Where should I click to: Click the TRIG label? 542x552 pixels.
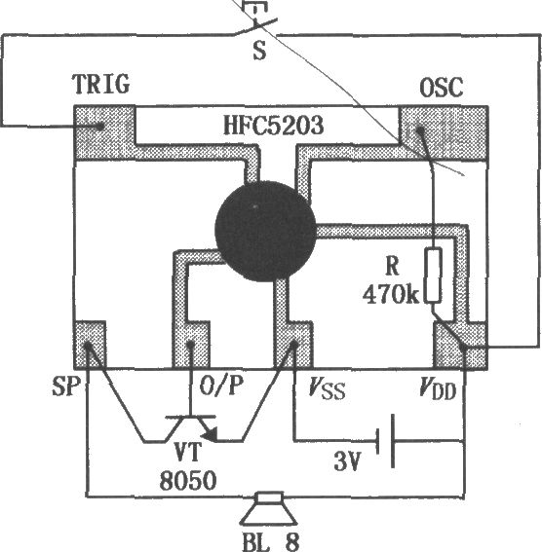click(101, 84)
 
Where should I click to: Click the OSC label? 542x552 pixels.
click(442, 88)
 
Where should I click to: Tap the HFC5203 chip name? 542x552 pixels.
click(274, 125)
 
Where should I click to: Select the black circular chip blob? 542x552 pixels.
click(266, 232)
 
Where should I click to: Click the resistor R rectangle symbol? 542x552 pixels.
click(433, 276)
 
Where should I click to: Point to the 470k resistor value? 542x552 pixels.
click(391, 294)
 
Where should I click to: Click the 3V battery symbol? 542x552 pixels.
click(385, 441)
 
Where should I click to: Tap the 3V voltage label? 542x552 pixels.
click(347, 461)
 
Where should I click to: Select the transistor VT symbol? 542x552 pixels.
click(190, 428)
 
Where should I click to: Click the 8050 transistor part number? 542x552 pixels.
click(188, 480)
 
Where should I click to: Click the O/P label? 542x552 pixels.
click(221, 386)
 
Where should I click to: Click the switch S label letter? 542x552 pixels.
click(259, 51)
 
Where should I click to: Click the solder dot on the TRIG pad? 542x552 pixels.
click(100, 126)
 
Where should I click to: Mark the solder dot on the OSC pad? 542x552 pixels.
click(420, 130)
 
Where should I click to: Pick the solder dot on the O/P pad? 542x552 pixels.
click(190, 345)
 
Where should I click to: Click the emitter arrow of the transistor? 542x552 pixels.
click(211, 435)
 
